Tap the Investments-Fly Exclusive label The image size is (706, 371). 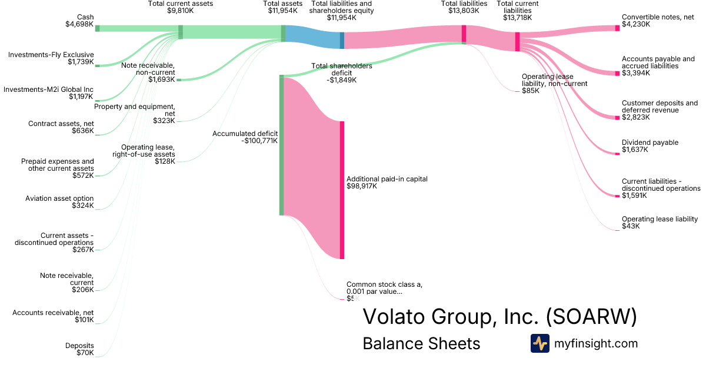point(51,58)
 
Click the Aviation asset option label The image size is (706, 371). point(59,202)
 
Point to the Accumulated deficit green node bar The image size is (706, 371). point(281,145)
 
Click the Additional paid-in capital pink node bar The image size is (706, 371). point(342,190)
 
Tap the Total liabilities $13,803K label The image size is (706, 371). point(464,7)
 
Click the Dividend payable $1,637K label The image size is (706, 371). point(650,146)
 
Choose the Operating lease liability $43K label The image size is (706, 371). point(659,223)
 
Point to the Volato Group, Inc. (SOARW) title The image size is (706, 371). point(499,316)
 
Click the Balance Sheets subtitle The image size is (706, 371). point(421,343)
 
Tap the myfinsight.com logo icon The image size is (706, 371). point(540,343)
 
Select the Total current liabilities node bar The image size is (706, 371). point(517,42)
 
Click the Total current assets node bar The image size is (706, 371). point(181,32)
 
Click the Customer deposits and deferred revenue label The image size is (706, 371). point(660,110)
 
